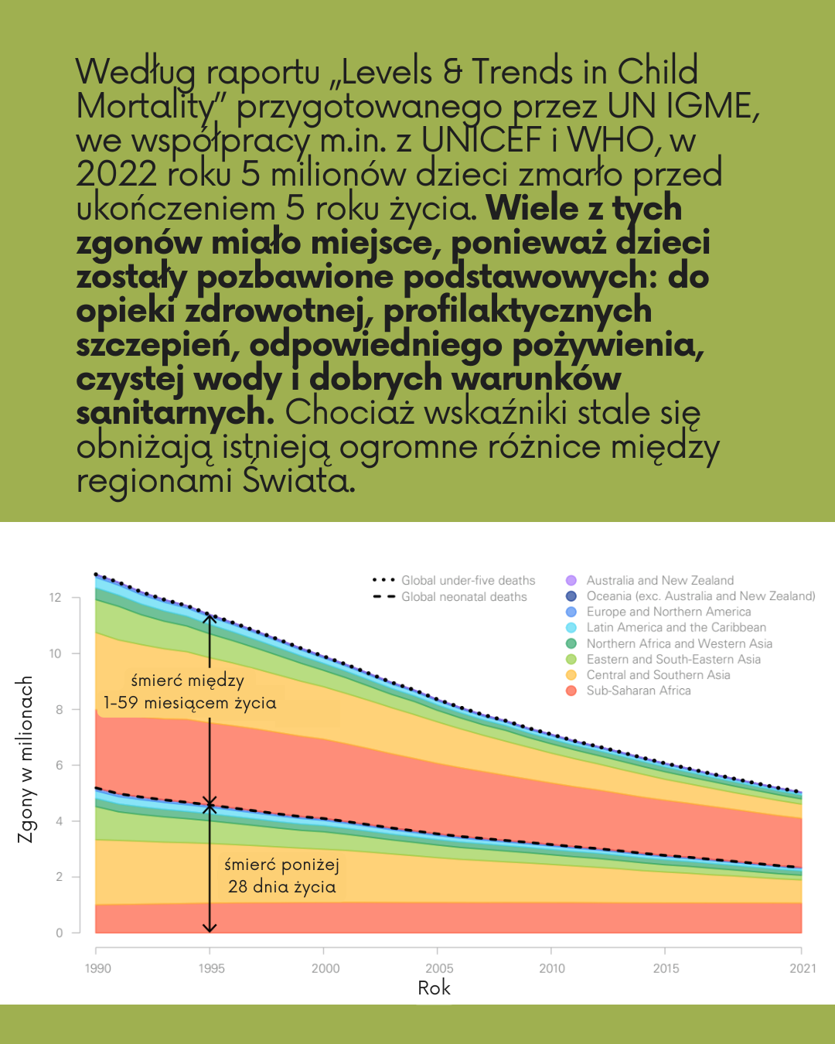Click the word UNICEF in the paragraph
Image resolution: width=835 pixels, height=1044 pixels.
click(481, 140)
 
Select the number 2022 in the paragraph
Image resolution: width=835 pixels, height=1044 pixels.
click(116, 174)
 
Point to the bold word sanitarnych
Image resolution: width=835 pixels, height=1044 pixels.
click(175, 412)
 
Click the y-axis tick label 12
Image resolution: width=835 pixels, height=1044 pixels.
click(55, 598)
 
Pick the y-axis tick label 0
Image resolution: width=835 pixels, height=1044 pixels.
click(60, 933)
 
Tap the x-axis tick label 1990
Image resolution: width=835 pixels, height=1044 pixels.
click(97, 968)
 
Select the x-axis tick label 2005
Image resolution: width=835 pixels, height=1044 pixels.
click(439, 968)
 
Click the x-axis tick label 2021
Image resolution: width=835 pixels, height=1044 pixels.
click(803, 968)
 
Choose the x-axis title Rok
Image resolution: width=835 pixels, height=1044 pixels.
click(434, 988)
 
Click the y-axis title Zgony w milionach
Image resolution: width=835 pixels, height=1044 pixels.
click(26, 759)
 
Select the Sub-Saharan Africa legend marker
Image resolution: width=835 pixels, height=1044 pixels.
click(571, 691)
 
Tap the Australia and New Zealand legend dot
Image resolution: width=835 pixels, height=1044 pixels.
click(571, 580)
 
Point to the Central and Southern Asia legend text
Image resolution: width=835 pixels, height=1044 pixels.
click(658, 675)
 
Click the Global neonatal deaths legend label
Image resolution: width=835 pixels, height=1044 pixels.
click(464, 597)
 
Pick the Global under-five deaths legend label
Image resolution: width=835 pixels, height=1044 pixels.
click(468, 581)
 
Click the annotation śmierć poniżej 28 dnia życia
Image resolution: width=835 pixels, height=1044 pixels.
click(281, 875)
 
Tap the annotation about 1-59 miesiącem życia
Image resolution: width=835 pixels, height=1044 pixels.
click(189, 692)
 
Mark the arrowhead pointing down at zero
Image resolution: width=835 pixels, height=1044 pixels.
click(210, 927)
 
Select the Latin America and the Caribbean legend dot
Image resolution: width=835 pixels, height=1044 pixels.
click(571, 628)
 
